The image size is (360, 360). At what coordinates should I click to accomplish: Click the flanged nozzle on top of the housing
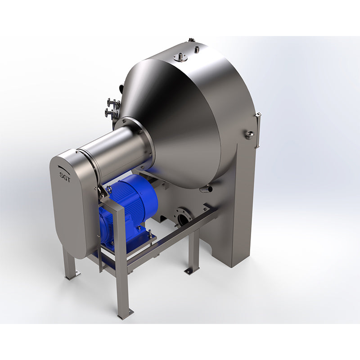(x=180, y=57)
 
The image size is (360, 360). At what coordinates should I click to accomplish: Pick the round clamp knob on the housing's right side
(x=249, y=134)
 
